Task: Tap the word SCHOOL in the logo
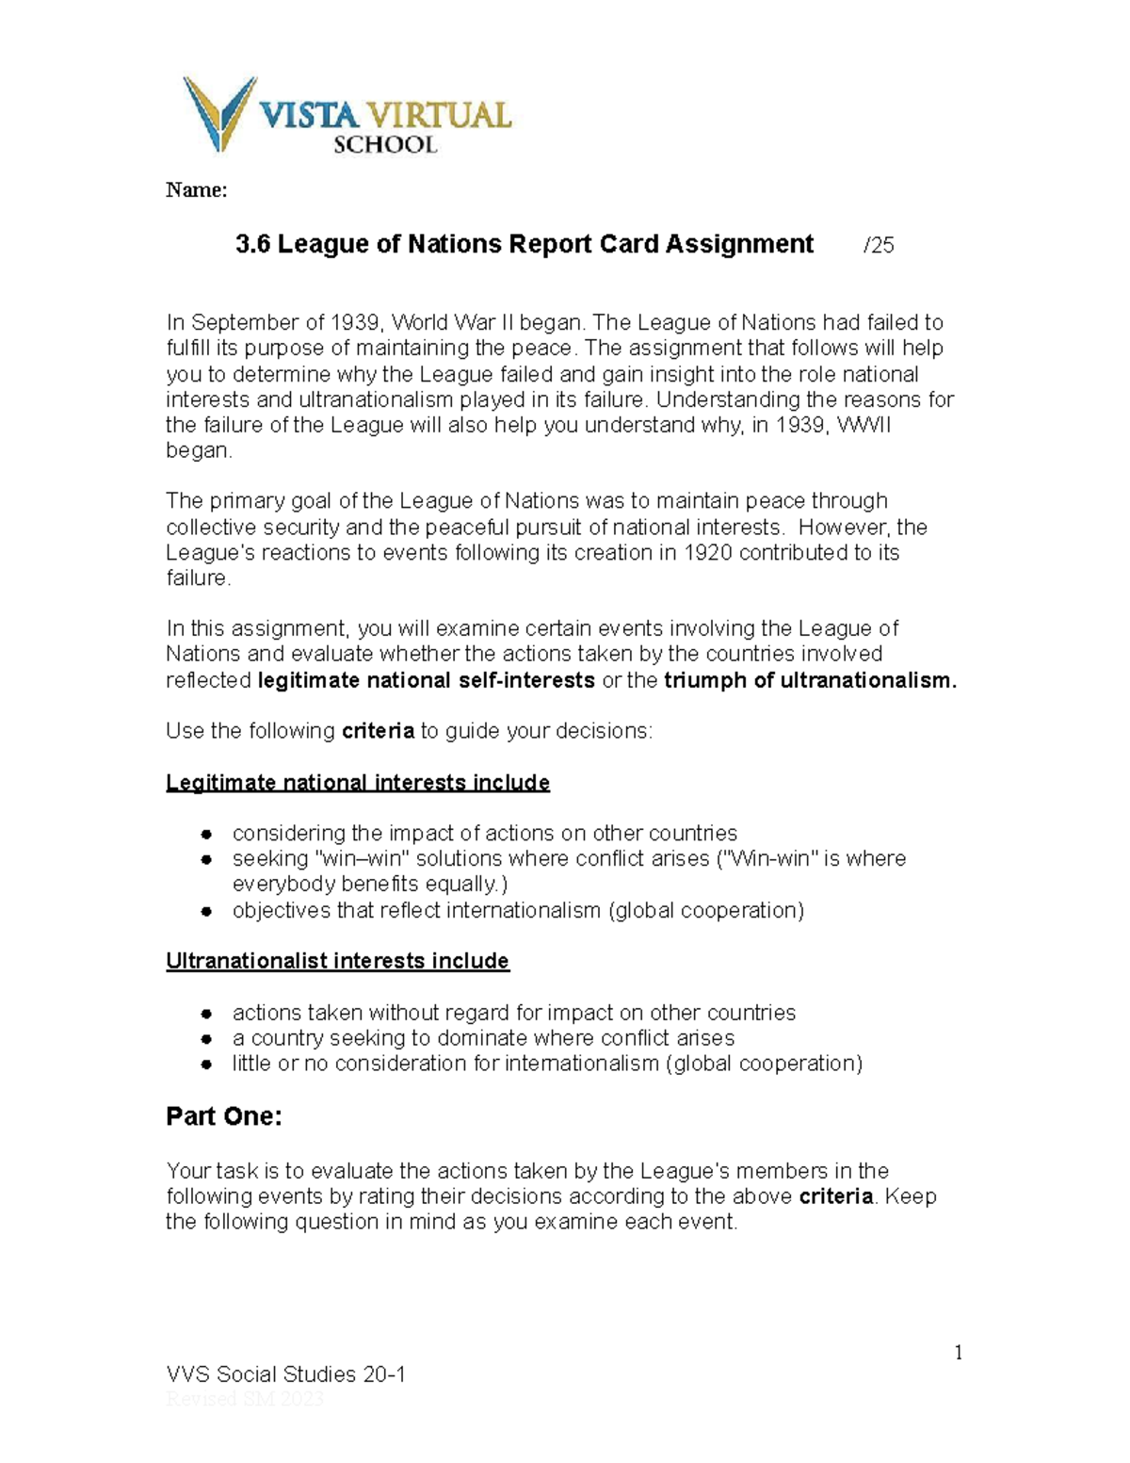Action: click(385, 145)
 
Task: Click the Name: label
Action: click(196, 190)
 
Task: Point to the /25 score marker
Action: click(879, 246)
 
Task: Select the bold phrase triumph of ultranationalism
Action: click(810, 681)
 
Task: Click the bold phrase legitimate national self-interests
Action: click(426, 681)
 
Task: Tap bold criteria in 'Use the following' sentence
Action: click(378, 732)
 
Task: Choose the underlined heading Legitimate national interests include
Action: click(358, 783)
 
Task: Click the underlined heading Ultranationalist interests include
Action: click(337, 961)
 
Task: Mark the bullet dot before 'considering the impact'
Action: click(205, 835)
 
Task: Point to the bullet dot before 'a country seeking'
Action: click(205, 1039)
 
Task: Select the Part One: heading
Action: click(224, 1117)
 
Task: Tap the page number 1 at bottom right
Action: click(959, 1354)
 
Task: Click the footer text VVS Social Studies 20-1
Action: click(285, 1374)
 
